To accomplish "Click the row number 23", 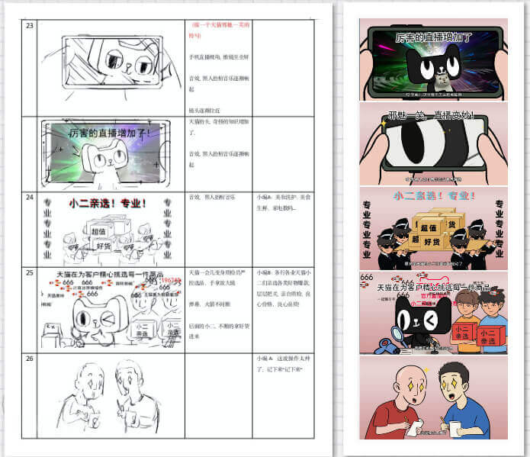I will [30, 26].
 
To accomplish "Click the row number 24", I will [30, 196].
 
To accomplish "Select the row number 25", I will [30, 272].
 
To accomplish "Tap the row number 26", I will [30, 357].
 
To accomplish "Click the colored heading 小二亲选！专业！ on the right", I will [433, 196].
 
